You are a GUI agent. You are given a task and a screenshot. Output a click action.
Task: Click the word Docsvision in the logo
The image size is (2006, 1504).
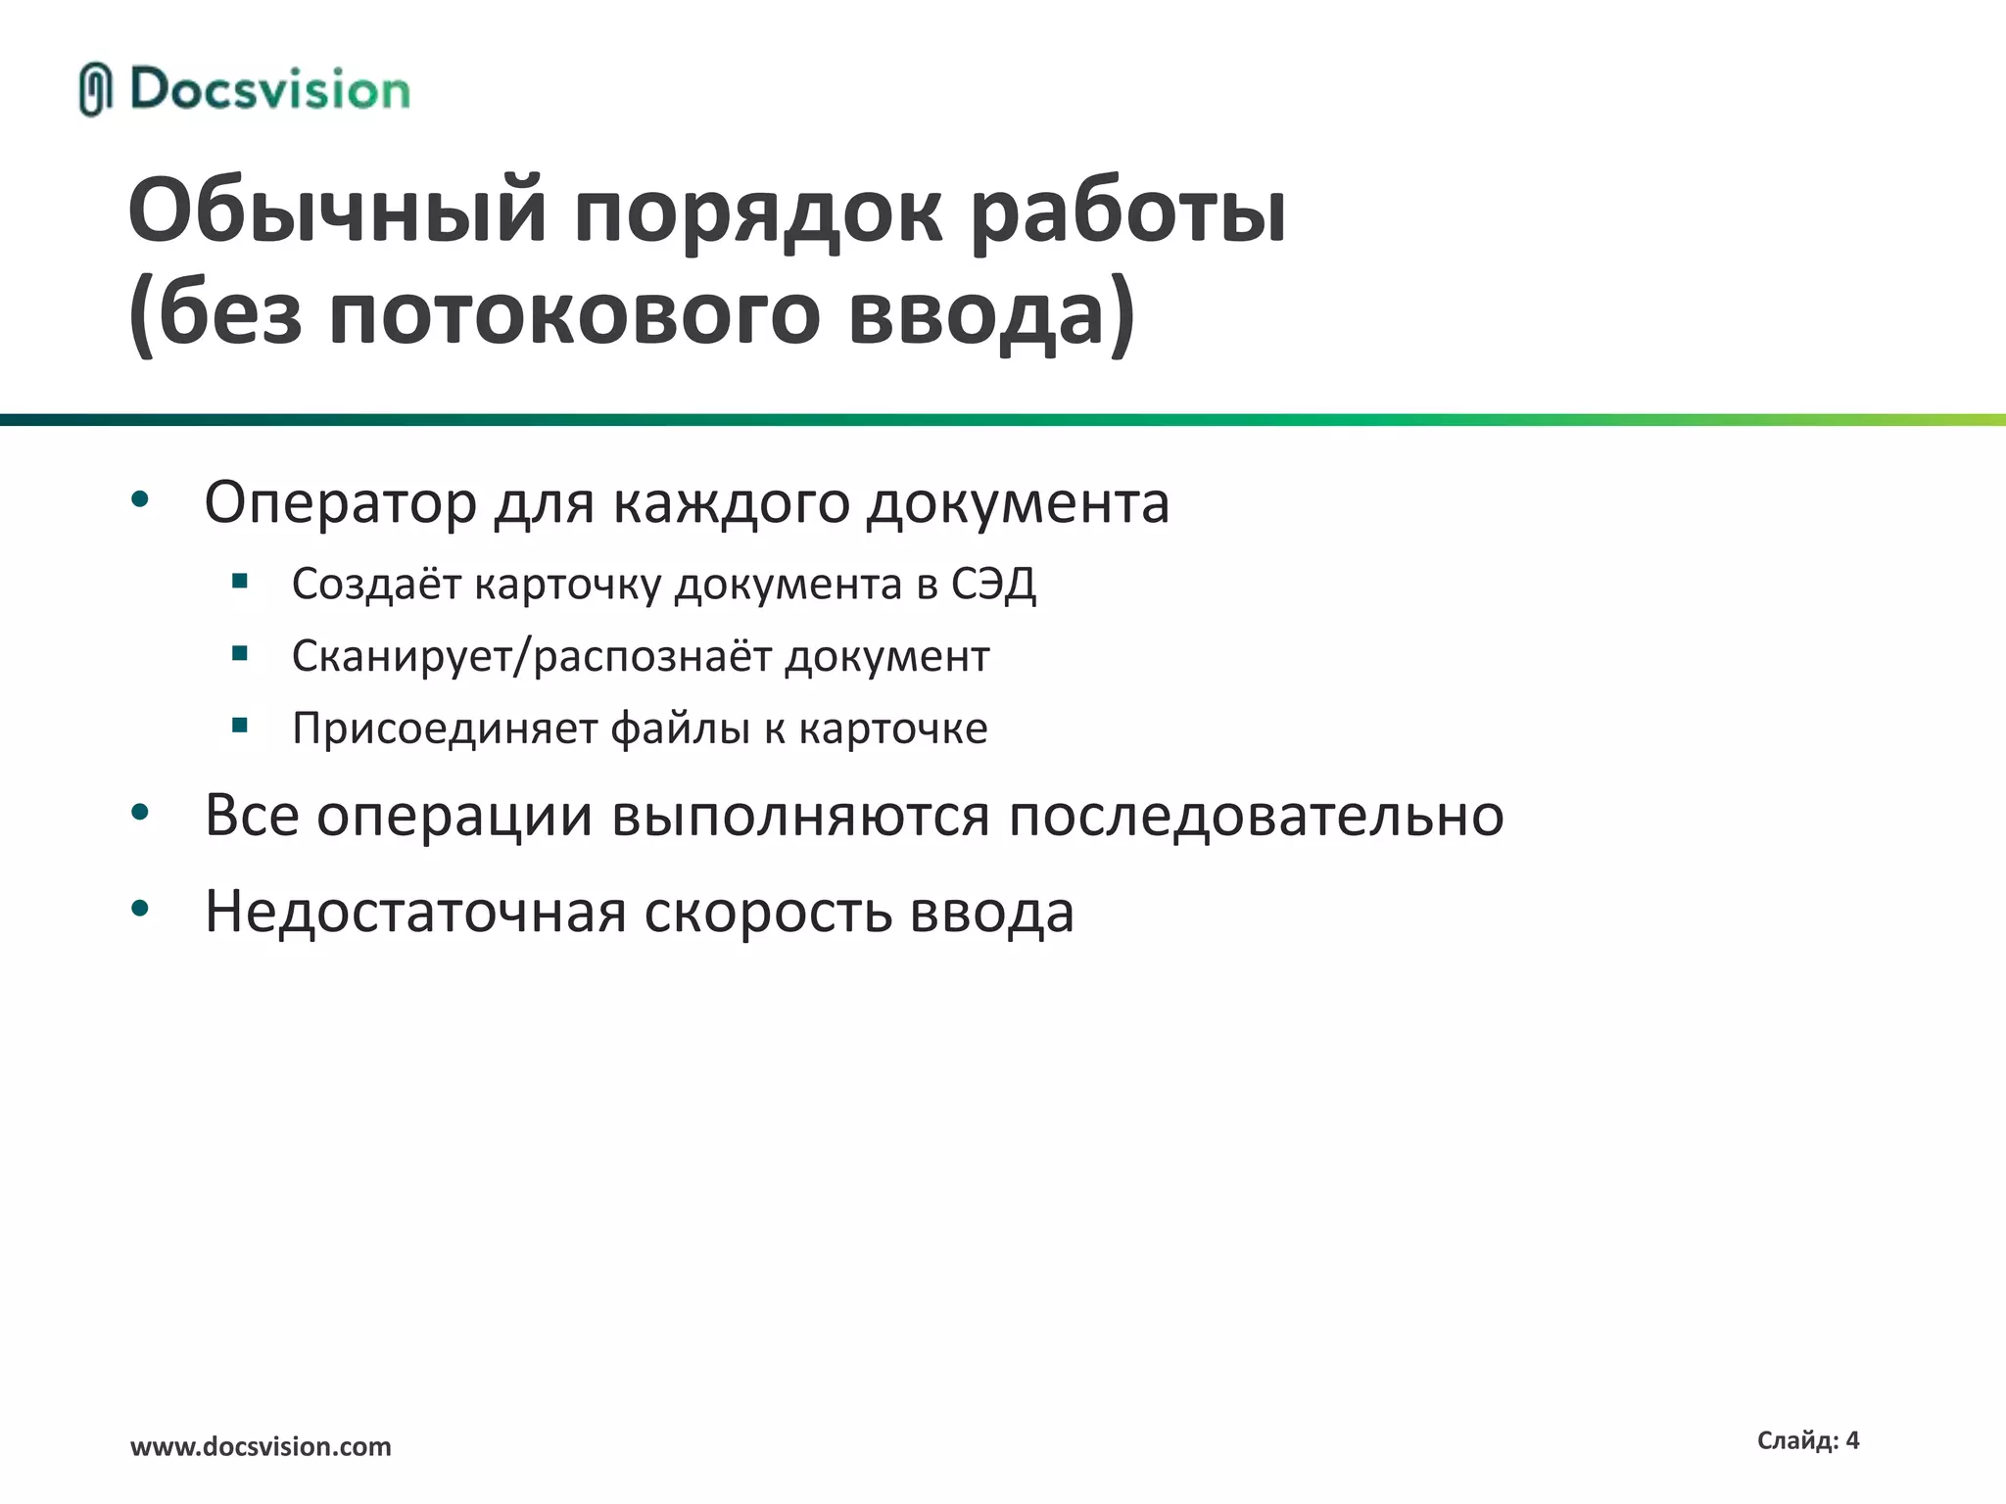coord(270,90)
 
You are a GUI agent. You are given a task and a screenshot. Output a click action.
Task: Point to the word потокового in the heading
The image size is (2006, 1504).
coord(574,315)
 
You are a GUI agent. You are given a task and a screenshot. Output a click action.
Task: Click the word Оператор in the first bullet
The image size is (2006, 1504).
coord(340,503)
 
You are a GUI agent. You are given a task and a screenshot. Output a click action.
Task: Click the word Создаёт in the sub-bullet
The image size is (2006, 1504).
coord(376,585)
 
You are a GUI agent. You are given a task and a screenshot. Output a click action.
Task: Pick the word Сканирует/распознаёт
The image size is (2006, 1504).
coord(531,656)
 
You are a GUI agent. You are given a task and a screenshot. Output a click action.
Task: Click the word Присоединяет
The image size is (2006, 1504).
coord(444,728)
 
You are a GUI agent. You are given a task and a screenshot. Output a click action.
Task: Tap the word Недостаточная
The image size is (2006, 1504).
coord(415,913)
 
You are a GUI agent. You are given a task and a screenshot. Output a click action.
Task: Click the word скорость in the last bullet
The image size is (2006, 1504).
coord(768,913)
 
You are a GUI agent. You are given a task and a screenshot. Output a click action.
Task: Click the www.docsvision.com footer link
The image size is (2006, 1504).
coord(261,1446)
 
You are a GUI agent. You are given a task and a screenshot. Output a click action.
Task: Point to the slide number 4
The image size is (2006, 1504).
coord(1851,1440)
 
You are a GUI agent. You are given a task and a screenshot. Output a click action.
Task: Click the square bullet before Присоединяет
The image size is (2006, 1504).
coord(240,726)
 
